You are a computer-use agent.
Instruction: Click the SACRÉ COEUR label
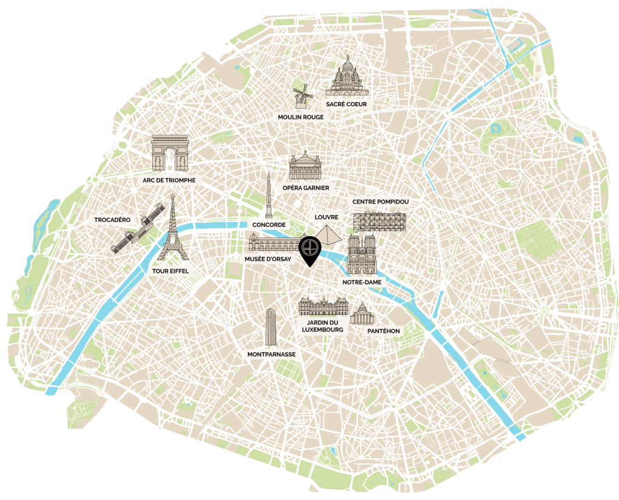(346, 104)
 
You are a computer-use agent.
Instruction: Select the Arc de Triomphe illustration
(170, 153)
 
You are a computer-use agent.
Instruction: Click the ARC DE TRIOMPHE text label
(170, 180)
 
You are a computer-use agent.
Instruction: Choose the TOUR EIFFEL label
(171, 271)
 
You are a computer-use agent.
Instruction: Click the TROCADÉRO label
(112, 219)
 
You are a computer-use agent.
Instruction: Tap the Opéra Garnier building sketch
(309, 166)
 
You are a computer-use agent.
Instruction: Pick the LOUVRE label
(326, 217)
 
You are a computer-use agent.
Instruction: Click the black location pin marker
(310, 249)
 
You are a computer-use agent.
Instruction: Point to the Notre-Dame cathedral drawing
(362, 255)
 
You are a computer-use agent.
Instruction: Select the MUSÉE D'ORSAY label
(268, 259)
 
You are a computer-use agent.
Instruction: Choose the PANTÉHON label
(383, 331)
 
